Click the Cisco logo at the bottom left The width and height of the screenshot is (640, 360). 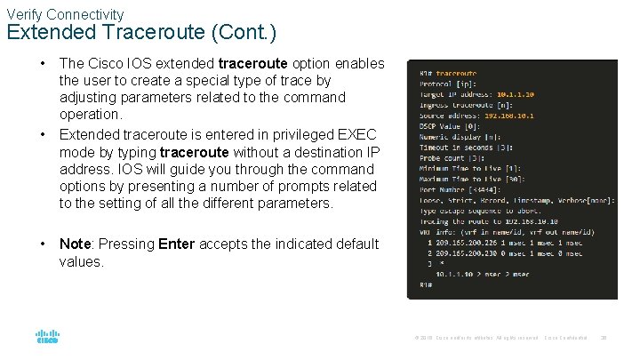[x=47, y=338]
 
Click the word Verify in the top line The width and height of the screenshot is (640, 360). [x=26, y=14]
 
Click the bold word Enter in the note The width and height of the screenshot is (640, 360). [x=176, y=244]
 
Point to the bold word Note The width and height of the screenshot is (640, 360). [x=76, y=244]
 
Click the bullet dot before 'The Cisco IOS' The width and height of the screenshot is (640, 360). [x=42, y=64]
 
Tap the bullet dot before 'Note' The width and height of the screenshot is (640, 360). [x=42, y=244]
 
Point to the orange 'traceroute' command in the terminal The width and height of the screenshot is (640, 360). [x=456, y=74]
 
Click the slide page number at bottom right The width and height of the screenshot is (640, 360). [x=604, y=338]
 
